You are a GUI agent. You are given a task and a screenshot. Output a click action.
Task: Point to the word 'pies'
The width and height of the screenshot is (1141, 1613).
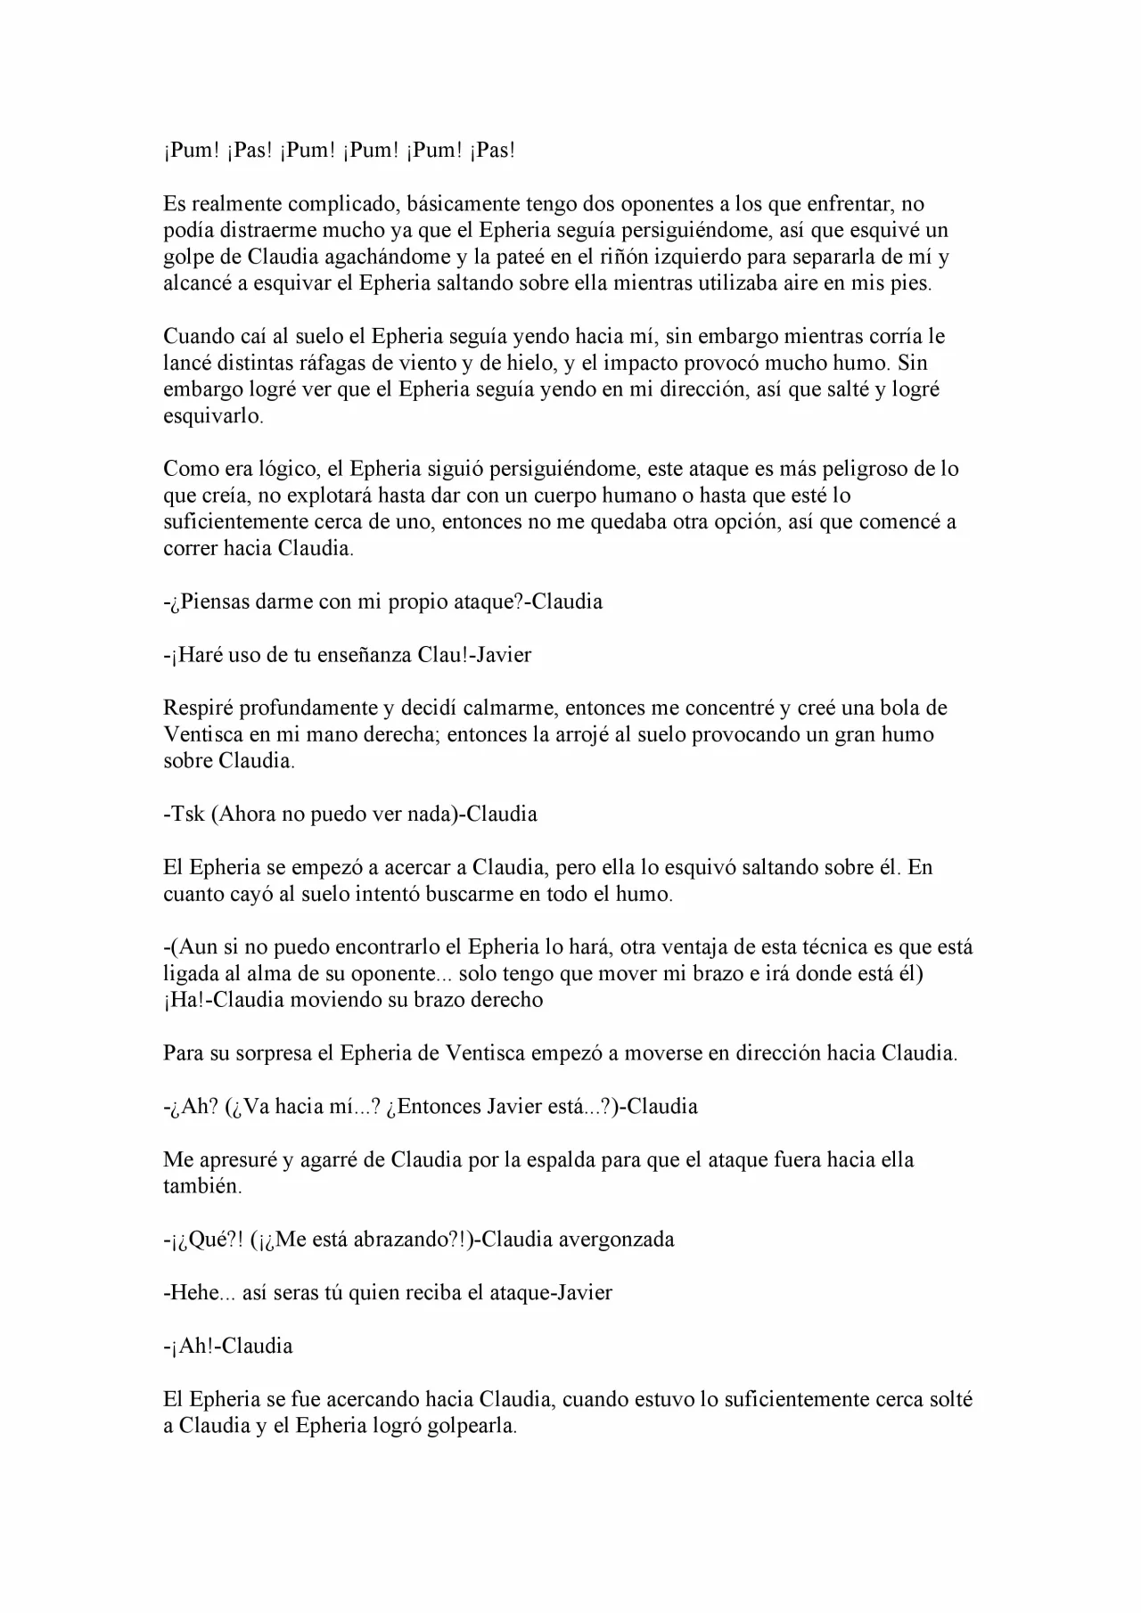click(x=907, y=284)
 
